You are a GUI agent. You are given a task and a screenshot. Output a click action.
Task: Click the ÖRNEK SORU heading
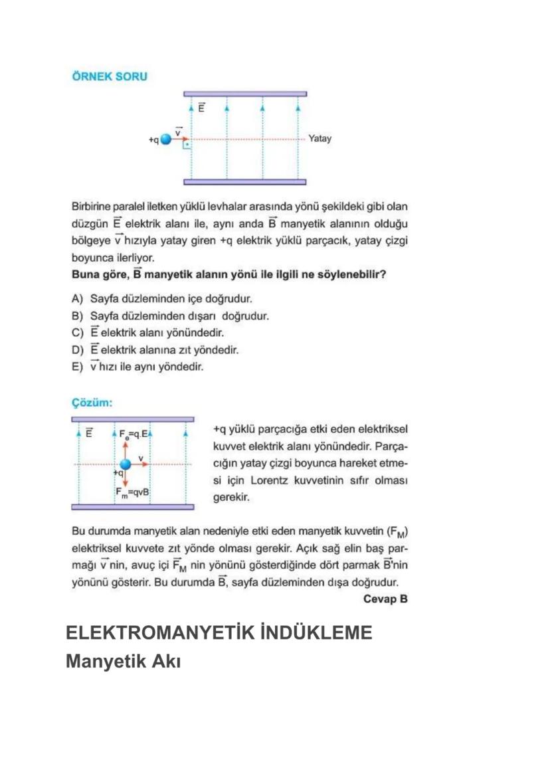coord(109,76)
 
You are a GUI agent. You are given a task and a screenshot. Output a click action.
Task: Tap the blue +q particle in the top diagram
coord(166,140)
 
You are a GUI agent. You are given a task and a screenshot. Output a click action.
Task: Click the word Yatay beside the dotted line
coord(320,139)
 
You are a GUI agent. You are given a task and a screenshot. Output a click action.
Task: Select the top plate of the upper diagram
coord(245,94)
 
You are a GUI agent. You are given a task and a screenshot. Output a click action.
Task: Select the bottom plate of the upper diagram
coord(245,181)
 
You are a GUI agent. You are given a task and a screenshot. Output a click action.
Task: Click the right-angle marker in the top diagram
coord(188,144)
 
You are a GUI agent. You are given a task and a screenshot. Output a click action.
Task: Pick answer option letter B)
coord(77,316)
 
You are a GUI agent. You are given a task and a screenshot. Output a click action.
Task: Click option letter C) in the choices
coord(77,332)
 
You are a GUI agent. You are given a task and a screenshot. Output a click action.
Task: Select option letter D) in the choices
coord(77,349)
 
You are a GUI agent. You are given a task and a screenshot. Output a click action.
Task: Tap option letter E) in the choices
coord(77,366)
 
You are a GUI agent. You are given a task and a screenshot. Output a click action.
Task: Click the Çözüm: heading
coord(92,403)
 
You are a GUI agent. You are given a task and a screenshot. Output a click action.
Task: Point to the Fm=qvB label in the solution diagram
coord(133,492)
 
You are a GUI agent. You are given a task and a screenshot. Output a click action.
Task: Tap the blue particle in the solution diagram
coord(125,464)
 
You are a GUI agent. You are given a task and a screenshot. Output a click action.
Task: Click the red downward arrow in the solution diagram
coord(125,479)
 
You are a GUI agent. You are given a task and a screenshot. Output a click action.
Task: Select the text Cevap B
coord(385,599)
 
